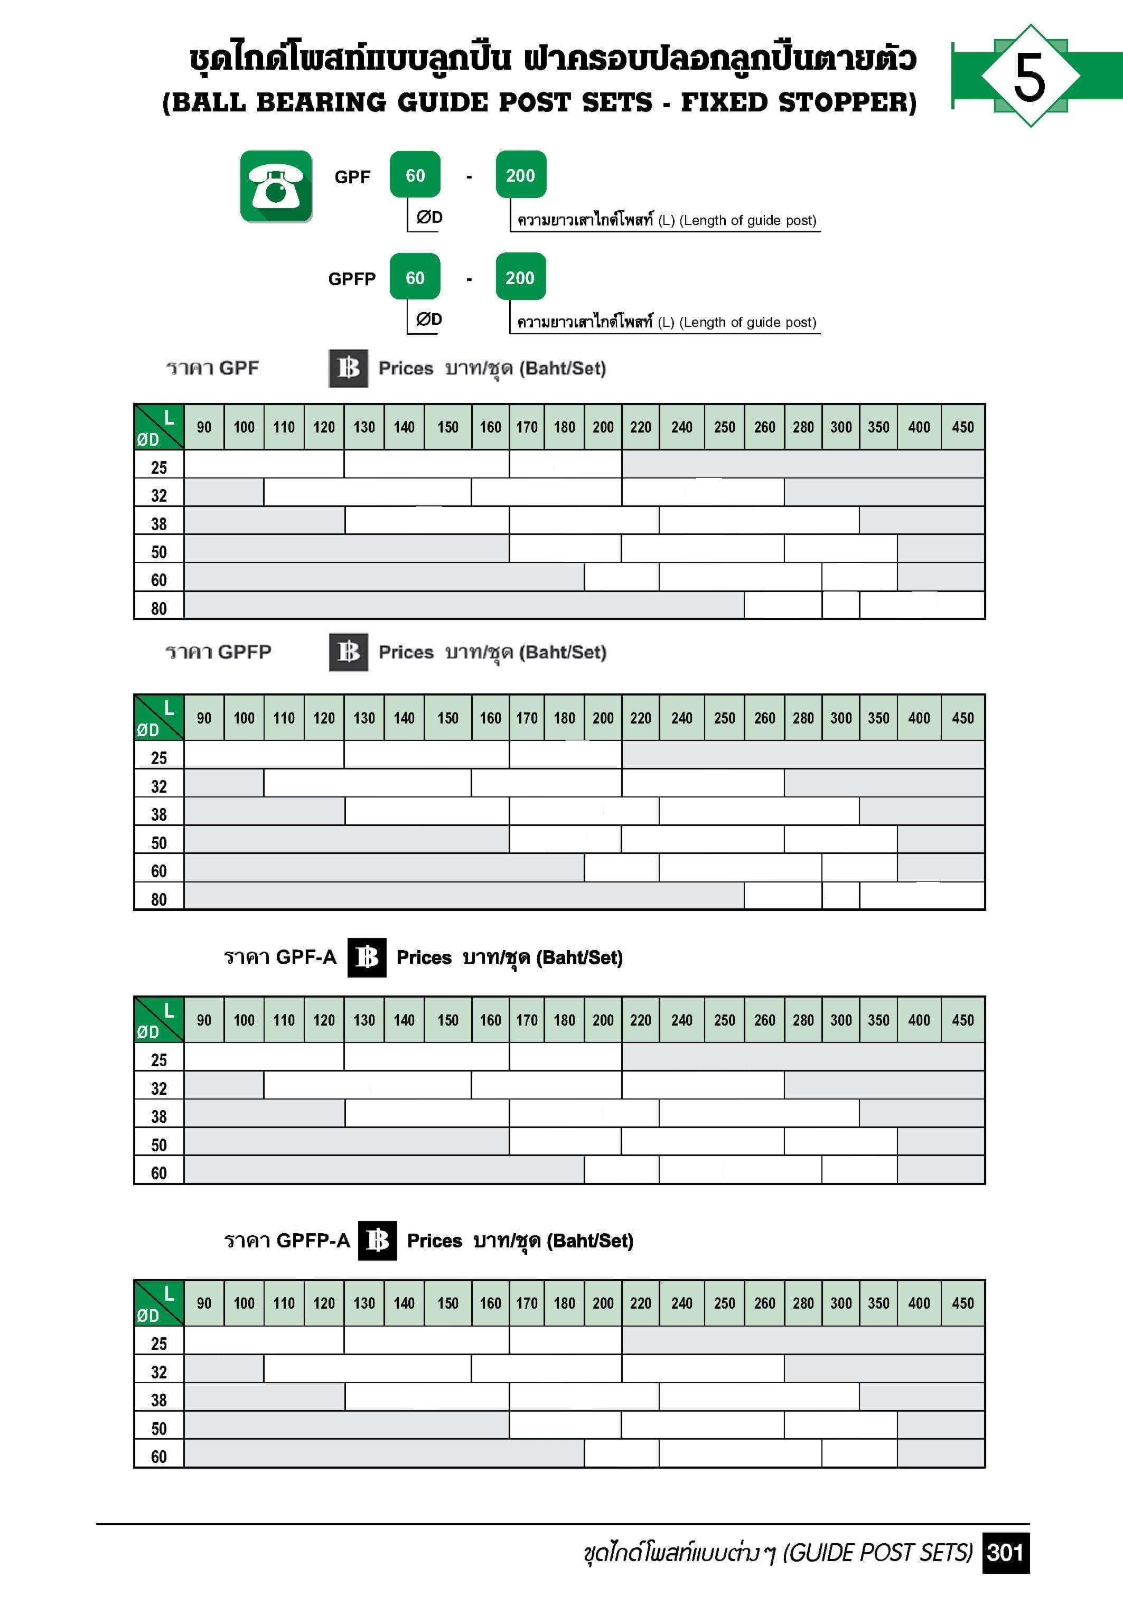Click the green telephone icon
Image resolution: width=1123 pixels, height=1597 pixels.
coord(276,186)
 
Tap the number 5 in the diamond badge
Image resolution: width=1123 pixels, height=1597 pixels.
coord(1030,77)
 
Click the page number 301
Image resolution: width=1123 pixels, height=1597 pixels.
coord(1005,1553)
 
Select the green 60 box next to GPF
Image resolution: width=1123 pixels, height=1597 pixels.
coord(415,175)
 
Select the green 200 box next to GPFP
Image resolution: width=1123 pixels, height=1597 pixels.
coord(520,278)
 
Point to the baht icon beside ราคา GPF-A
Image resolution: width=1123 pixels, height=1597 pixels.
coord(367,958)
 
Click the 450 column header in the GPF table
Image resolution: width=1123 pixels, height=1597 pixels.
coord(963,427)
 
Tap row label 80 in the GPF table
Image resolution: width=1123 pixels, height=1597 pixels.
coord(158,608)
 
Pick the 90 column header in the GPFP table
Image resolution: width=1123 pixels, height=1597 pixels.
coord(204,718)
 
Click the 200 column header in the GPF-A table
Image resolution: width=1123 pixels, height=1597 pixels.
coord(603,1020)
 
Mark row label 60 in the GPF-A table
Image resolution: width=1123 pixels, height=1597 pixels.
coord(158,1173)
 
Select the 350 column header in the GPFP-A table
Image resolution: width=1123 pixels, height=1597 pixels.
coord(878,1303)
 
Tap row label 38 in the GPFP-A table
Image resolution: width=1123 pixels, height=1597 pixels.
coord(158,1400)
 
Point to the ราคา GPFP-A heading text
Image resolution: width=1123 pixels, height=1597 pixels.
coord(287,1241)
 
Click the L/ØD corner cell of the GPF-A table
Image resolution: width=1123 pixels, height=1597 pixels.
coord(158,1020)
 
